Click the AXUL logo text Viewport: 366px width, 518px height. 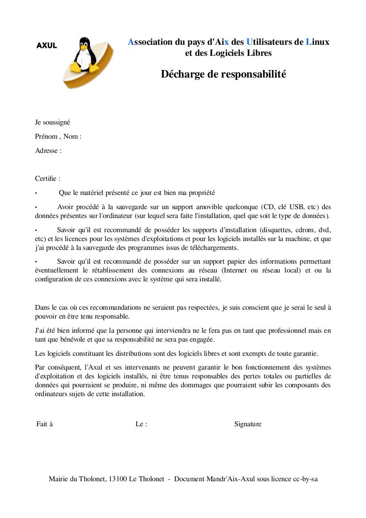pyautogui.click(x=47, y=45)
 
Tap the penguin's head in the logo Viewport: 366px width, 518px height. pyautogui.click(x=84, y=44)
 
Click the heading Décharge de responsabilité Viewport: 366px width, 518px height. pyautogui.click(x=223, y=74)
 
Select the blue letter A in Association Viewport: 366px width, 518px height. pyautogui.click(x=131, y=42)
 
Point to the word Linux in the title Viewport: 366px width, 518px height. pyautogui.click(x=317, y=42)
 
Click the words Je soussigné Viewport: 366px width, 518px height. pyautogui.click(x=53, y=122)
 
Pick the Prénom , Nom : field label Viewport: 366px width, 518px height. pyautogui.click(x=58, y=136)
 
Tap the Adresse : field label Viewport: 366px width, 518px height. pyautogui.click(x=48, y=151)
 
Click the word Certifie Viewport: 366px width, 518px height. pyautogui.click(x=47, y=179)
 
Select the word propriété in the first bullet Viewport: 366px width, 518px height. pyautogui.click(x=199, y=193)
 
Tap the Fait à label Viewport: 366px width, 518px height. pyautogui.click(x=45, y=424)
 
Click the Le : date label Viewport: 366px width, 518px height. pyautogui.click(x=141, y=424)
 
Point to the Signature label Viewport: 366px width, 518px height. pyautogui.click(x=248, y=424)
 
